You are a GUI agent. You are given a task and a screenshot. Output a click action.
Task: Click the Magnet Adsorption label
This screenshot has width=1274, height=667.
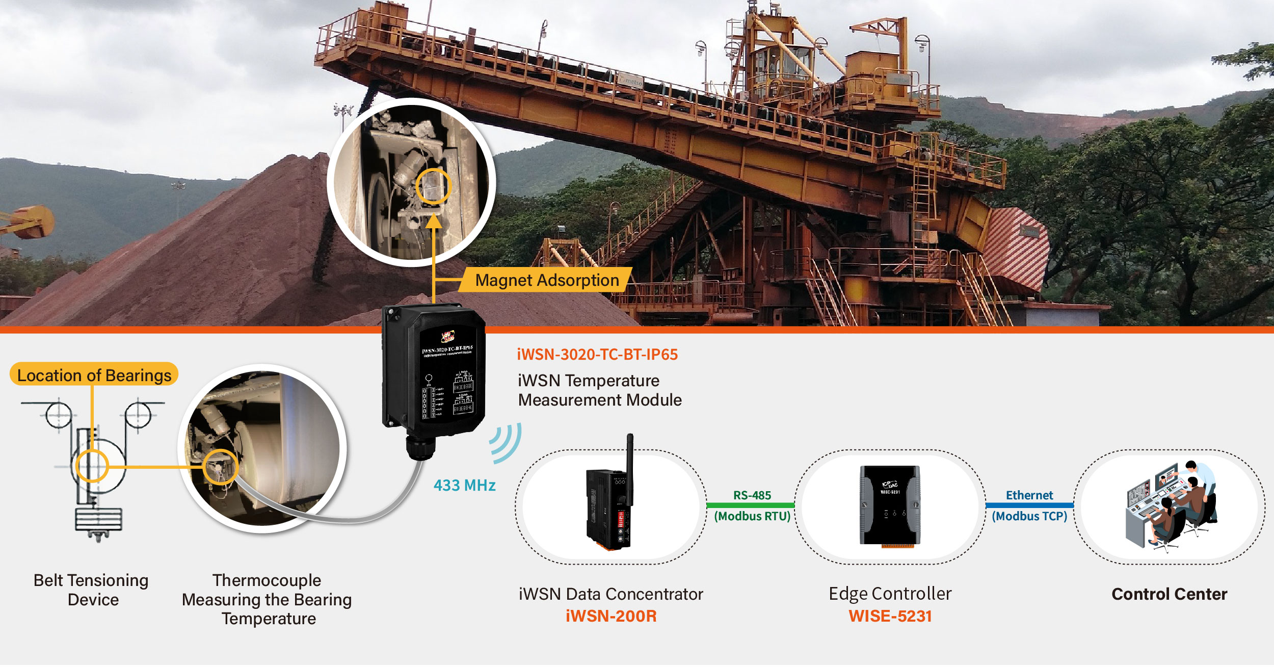pos(546,280)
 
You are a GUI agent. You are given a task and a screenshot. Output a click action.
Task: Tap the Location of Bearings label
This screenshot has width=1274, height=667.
pos(94,375)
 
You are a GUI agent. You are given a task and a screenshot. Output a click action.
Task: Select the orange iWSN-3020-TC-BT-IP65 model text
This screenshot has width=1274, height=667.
pos(597,355)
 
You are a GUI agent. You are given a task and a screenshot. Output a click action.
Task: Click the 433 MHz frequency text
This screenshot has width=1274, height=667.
pos(464,485)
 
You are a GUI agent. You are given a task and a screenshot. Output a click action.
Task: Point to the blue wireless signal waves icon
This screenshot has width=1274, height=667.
pos(506,442)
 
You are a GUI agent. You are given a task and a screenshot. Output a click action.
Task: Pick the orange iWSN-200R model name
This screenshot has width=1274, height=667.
pos(611,616)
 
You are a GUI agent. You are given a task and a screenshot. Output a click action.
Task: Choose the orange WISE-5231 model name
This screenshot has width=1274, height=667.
pos(890,616)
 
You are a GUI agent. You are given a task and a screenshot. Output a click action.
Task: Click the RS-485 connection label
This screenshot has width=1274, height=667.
pos(752,495)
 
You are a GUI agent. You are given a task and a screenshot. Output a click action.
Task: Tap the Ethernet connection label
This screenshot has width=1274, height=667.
pos(1029,495)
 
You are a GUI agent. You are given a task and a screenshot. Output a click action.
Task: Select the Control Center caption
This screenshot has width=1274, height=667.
pos(1169,594)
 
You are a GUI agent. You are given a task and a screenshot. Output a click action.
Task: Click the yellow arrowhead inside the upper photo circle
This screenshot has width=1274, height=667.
pos(433,222)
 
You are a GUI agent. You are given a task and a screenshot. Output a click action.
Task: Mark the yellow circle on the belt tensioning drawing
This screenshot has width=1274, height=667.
pos(92,466)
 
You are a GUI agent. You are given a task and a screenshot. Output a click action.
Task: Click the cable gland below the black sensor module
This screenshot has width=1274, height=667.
pos(420,447)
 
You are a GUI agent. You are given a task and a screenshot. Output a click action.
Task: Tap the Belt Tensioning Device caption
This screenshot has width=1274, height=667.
pos(91,590)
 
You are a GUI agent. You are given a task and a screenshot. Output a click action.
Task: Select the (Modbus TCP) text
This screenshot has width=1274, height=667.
pos(1029,516)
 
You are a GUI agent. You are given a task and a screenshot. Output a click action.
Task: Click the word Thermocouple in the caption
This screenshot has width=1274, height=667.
pos(267,580)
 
